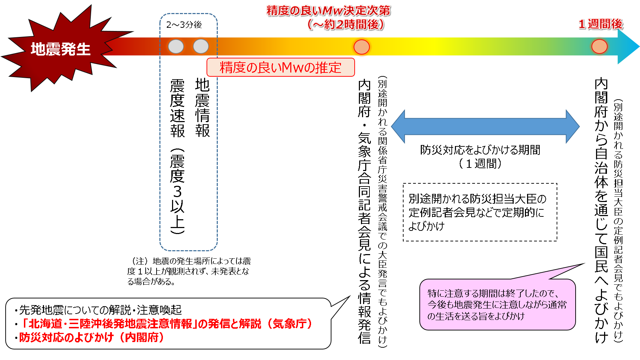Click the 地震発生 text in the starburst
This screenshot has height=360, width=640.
click(61, 49)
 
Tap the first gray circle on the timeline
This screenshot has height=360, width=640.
click(176, 46)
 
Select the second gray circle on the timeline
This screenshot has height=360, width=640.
click(201, 46)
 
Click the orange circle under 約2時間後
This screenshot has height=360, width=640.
click(361, 47)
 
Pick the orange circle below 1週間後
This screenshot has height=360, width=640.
click(599, 46)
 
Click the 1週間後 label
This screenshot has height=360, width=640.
click(600, 24)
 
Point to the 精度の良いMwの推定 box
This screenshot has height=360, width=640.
click(280, 68)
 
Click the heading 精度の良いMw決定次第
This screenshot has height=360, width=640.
click(328, 11)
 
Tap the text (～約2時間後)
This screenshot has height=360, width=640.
click(345, 24)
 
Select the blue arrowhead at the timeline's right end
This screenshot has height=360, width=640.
click(628, 46)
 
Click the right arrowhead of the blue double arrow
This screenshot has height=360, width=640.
click(572, 127)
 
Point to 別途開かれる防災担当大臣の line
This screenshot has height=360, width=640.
click(477, 199)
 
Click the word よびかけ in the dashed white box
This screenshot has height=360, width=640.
click(426, 226)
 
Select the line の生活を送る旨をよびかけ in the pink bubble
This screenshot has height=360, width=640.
click(476, 316)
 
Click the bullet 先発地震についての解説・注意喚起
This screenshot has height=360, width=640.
click(100, 310)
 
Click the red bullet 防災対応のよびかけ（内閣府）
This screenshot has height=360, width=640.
click(91, 337)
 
